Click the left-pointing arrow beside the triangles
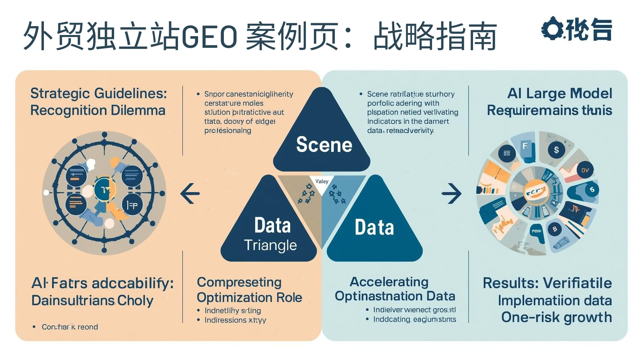point(190,193)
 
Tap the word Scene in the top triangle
point(324,145)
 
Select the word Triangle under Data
point(270,245)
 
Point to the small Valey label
point(322,181)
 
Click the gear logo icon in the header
point(553,29)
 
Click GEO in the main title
point(210,37)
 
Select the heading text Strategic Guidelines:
point(98,93)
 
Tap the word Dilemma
point(141,110)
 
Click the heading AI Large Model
point(559,93)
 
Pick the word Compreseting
point(239,282)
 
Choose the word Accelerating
point(389,282)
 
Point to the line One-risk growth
point(556,317)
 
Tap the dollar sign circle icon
point(556,150)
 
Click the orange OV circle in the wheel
point(585,170)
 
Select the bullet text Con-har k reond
point(70,327)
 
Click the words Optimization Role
point(249,297)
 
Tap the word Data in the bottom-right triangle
point(374,227)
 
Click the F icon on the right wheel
point(525,147)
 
